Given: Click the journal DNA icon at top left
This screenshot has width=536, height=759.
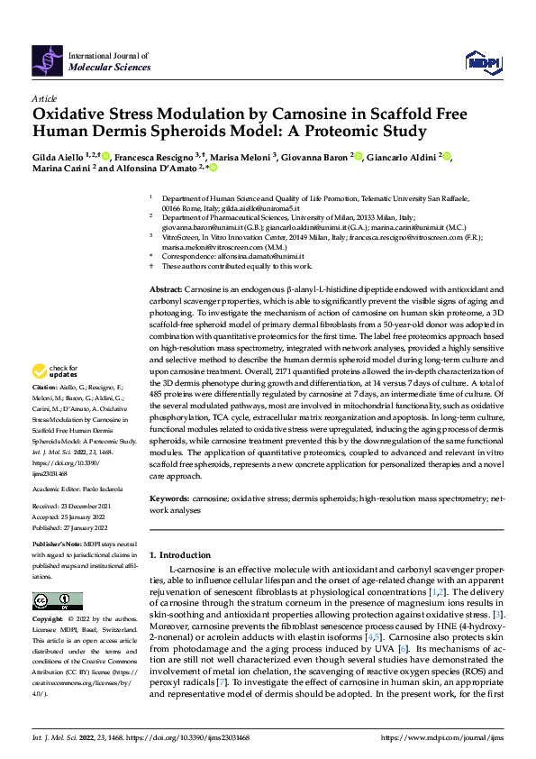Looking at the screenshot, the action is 48,59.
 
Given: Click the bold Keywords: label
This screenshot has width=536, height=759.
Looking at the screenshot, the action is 169,498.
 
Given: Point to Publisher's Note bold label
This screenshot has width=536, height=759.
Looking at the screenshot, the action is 57,546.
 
